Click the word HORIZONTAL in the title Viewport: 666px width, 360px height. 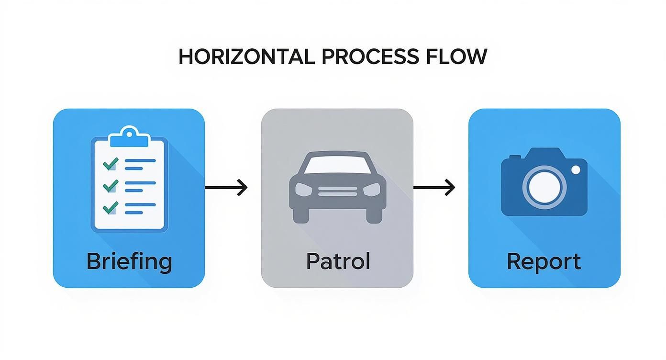[x=246, y=57]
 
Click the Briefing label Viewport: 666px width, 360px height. [x=129, y=262]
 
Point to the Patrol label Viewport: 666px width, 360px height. [x=338, y=262]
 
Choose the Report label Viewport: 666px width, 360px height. [x=544, y=262]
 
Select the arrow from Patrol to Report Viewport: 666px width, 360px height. [x=434, y=188]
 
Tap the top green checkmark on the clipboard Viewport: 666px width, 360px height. [x=111, y=164]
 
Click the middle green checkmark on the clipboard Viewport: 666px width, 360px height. [x=111, y=185]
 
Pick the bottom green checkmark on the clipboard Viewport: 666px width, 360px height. [x=111, y=207]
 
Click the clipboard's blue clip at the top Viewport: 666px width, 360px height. [x=129, y=137]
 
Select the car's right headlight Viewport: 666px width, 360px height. [x=371, y=190]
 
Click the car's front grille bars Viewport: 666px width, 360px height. [x=337, y=191]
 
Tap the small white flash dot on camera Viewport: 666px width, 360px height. [x=576, y=169]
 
